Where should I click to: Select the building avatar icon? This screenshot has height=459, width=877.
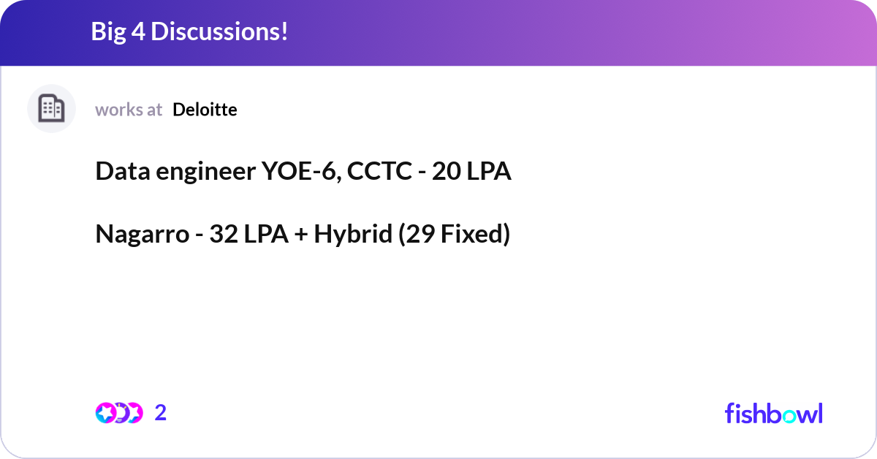51,109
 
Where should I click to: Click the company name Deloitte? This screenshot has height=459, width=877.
205,110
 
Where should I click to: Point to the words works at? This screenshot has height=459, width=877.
129,110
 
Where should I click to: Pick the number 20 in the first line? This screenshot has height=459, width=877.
447,172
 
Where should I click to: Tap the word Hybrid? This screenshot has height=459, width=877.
353,235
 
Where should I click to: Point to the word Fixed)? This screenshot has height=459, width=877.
475,235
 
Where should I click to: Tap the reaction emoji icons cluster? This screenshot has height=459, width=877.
118,413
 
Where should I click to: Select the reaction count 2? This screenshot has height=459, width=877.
161,413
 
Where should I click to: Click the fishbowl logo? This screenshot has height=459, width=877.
773,413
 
